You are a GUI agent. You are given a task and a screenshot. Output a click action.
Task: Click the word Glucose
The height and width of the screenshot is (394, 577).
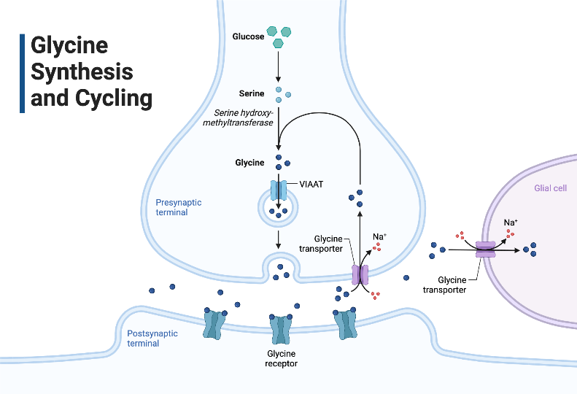tap(248, 36)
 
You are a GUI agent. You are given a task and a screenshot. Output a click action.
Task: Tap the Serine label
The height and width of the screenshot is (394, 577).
tap(252, 93)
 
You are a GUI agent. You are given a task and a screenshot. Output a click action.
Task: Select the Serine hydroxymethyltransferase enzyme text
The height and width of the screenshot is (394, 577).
tap(244, 117)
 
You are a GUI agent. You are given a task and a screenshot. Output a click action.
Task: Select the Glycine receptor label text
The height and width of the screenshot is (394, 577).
tap(281, 358)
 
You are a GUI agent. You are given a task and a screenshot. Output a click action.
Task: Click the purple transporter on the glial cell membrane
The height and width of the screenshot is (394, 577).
tap(486, 250)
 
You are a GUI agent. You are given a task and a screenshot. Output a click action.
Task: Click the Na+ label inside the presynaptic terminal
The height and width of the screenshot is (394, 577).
tap(379, 236)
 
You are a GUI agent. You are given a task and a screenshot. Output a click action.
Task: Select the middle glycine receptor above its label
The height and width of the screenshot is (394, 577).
tap(281, 329)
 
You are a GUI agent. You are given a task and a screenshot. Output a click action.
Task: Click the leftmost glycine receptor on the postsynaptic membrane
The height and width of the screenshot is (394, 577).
tap(214, 325)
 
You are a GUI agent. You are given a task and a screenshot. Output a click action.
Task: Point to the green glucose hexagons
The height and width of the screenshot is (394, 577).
tap(279, 36)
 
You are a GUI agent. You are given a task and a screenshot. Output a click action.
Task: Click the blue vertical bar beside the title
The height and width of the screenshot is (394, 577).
tap(22, 73)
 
